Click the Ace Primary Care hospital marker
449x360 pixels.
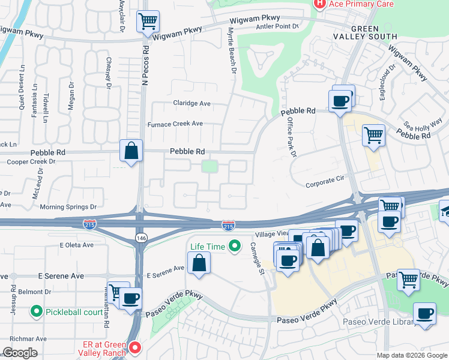[320, 4]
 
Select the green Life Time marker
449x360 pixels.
[235, 246]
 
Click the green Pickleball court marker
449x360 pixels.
[37, 312]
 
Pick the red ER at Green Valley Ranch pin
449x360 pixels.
[134, 347]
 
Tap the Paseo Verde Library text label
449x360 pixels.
[378, 322]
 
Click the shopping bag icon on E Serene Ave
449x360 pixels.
[198, 262]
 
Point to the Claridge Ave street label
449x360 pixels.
[192, 103]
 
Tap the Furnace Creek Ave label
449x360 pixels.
[175, 124]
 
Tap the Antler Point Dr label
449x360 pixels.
[277, 26]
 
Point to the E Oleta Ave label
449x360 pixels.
[76, 245]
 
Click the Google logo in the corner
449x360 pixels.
[20, 353]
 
